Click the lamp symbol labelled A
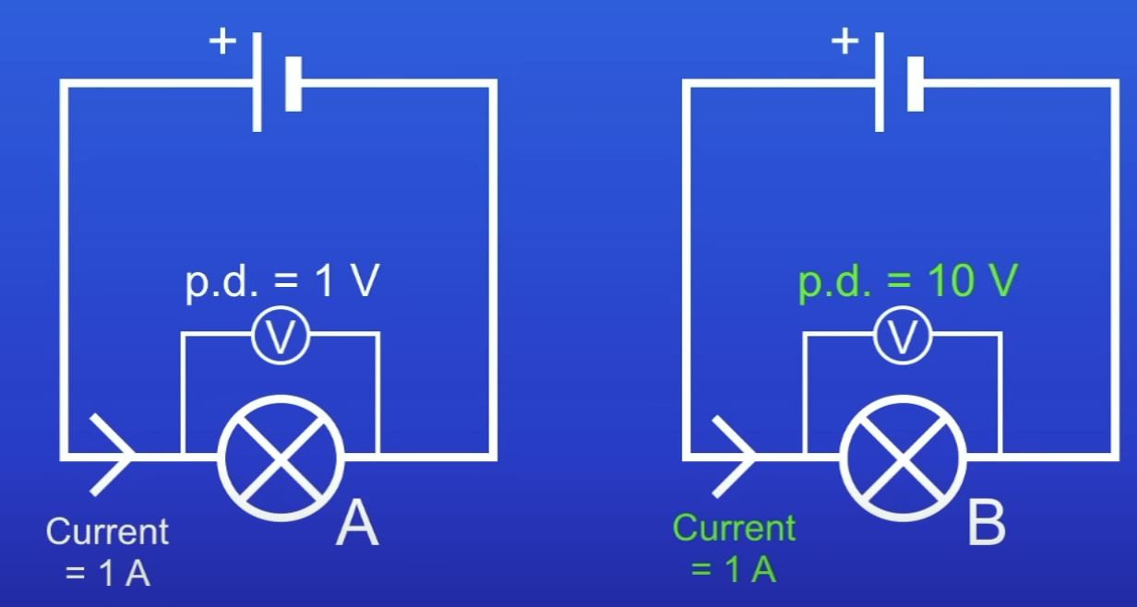tap(281, 457)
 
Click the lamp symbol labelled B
tap(903, 457)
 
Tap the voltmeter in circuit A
tap(281, 339)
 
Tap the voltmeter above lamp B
tap(903, 339)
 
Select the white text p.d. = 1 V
tap(281, 283)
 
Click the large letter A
tap(357, 526)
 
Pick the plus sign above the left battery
tap(222, 42)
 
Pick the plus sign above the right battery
tap(844, 42)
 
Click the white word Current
tap(108, 532)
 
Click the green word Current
tap(734, 529)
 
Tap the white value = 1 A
tap(108, 574)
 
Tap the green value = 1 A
tap(734, 570)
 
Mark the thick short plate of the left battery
tap(293, 84)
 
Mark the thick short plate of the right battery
tap(916, 84)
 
